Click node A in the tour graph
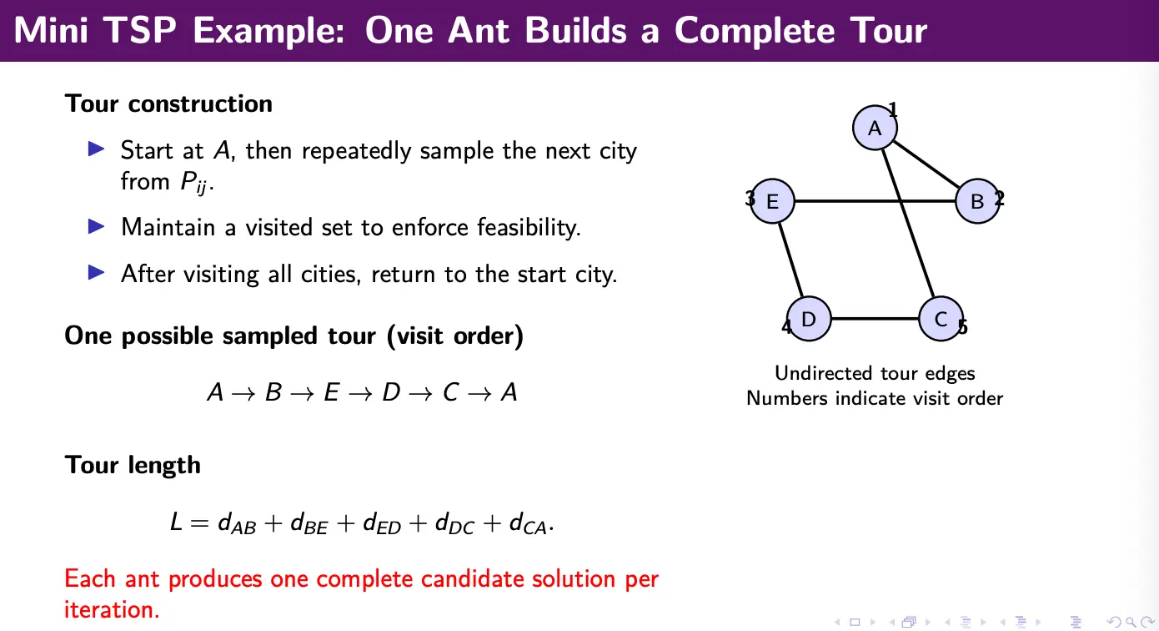[875, 128]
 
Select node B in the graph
[977, 201]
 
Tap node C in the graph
[941, 319]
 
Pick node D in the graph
[808, 319]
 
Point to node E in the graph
[772, 201]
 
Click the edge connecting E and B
[875, 201]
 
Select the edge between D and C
[875, 319]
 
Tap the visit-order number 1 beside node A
[893, 109]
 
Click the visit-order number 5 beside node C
[962, 327]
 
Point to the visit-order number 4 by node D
[786, 327]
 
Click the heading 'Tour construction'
[168, 103]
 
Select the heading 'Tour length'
[133, 465]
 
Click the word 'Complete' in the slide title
[755, 30]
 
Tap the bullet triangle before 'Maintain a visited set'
[96, 226]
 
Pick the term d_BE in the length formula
[309, 523]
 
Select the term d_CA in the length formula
[528, 523]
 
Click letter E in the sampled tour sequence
[331, 392]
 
